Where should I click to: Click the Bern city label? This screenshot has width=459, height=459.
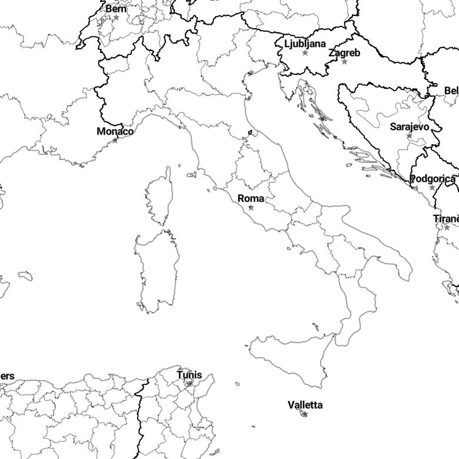[x=116, y=9]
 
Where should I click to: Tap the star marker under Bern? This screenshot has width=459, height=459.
[x=116, y=18]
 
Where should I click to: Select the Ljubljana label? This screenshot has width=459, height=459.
[x=305, y=44]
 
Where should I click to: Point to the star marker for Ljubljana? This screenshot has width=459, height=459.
[x=305, y=53]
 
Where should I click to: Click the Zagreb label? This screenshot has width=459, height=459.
[x=344, y=53]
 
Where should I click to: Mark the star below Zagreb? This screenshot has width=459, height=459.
[x=344, y=62]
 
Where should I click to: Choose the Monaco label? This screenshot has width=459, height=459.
[x=115, y=132]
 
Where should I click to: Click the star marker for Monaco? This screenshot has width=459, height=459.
[x=115, y=141]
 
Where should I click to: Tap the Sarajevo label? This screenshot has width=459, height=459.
[x=409, y=127]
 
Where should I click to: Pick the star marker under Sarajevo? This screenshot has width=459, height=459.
[x=409, y=136]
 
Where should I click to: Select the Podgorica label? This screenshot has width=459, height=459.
[x=432, y=179]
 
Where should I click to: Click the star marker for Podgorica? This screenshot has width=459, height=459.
[x=432, y=188]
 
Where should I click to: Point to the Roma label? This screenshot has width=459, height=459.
[x=251, y=199]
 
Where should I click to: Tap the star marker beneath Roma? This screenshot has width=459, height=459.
[x=251, y=208]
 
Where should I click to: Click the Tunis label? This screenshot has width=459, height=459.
[x=189, y=375]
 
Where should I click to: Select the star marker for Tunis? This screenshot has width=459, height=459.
[x=189, y=384]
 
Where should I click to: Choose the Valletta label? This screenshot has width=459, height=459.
[x=305, y=405]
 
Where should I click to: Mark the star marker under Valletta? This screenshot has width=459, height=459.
[x=305, y=414]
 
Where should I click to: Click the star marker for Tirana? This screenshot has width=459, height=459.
[x=447, y=228]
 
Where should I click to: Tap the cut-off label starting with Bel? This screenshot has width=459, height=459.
[x=451, y=91]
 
